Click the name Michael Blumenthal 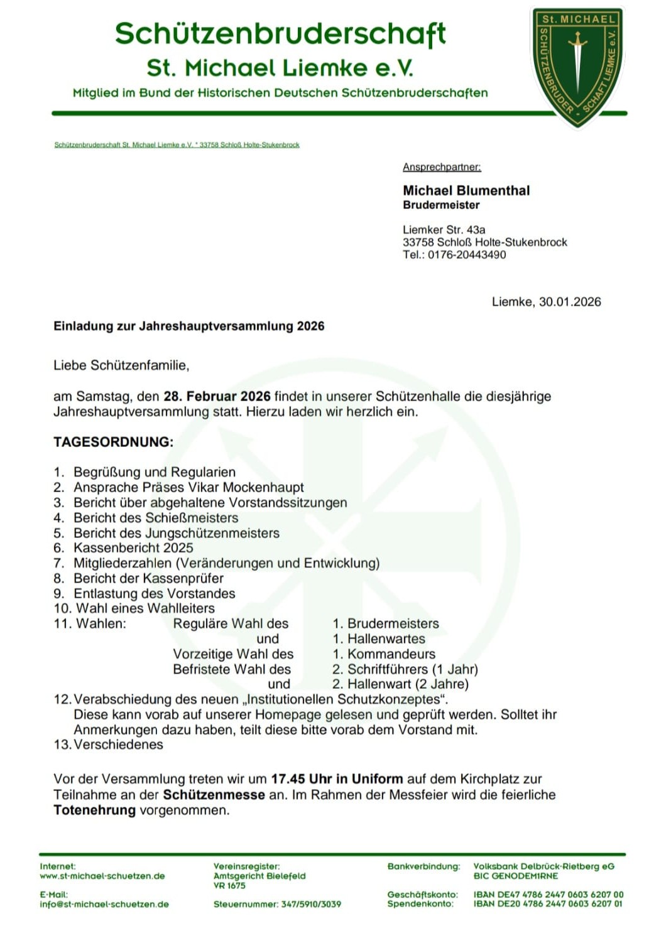click(x=466, y=190)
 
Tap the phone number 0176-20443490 click(x=467, y=255)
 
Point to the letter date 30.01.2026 click(x=570, y=302)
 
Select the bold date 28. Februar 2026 click(x=217, y=397)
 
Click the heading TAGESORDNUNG click(x=113, y=442)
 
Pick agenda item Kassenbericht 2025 click(x=133, y=548)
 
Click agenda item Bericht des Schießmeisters click(x=156, y=518)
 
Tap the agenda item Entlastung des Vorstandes click(x=154, y=594)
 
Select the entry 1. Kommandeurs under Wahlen click(x=384, y=654)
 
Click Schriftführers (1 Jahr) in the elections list click(x=412, y=669)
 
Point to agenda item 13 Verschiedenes click(x=118, y=745)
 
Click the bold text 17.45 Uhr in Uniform click(x=337, y=780)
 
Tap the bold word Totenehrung click(x=95, y=810)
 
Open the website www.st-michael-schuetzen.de click(x=102, y=876)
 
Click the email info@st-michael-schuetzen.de click(x=104, y=905)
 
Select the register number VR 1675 click(x=229, y=886)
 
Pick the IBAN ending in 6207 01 click(x=548, y=904)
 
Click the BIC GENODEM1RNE click(x=516, y=876)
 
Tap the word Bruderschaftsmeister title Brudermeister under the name click(x=441, y=205)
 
